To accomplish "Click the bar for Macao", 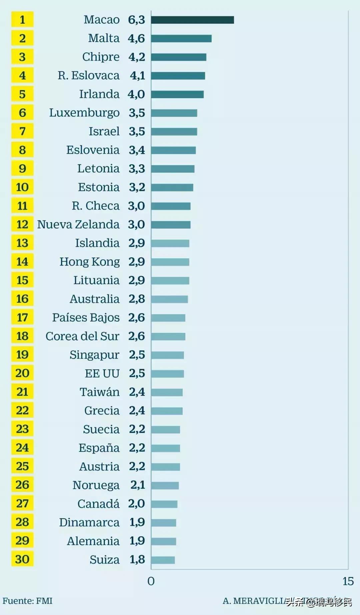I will coord(192,20).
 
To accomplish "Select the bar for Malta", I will coord(181,38).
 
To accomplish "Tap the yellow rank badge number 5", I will coord(22,94).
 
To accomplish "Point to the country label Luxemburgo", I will coord(84,113).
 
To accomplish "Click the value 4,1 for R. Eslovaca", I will coord(137,76).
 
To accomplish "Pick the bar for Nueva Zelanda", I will coord(171,225).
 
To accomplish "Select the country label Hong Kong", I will coord(89,262).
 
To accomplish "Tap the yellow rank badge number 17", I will coord(22,318).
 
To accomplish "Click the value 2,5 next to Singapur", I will coord(137,355).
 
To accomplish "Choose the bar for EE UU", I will coord(167,374).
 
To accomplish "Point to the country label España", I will coord(99,448).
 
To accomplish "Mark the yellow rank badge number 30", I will coord(22,559).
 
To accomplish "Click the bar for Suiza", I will coord(163,560).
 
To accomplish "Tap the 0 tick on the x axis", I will coord(151,581).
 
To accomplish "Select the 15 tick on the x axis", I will coord(348,581).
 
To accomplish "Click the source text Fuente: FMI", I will coord(28,601).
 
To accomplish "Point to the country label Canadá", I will coord(98,504).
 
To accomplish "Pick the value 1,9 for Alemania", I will coord(137,541).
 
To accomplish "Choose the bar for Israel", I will coord(174,131).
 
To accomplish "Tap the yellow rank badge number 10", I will coord(22,187).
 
